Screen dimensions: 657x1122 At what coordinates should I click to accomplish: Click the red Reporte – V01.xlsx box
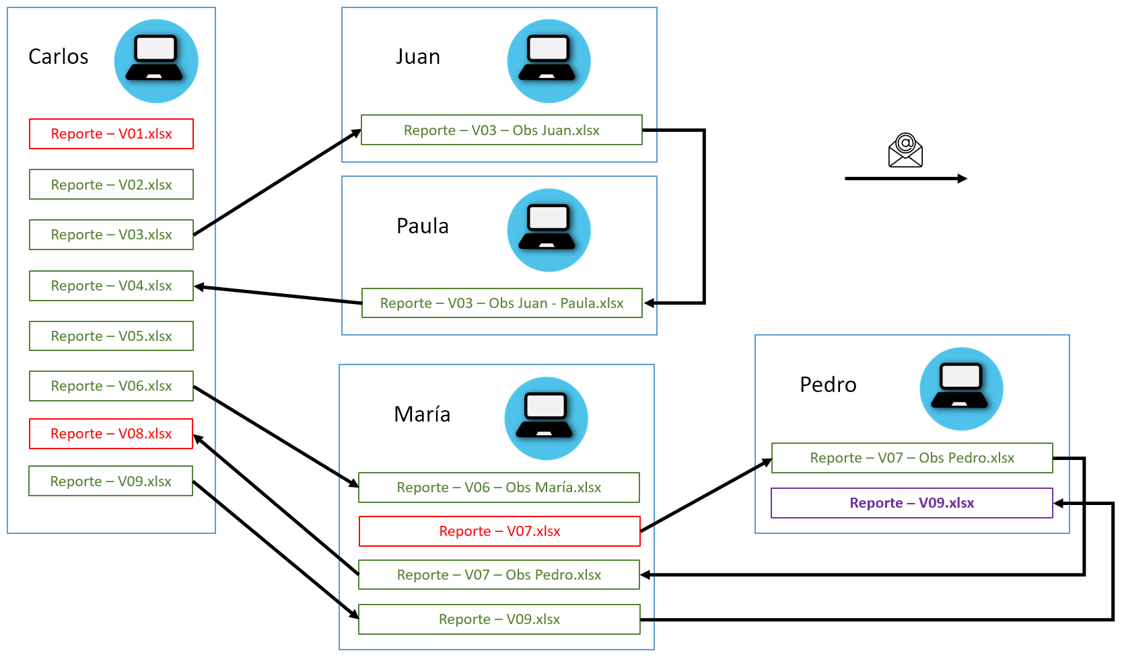point(111,134)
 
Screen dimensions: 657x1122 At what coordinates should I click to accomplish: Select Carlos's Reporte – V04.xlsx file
point(111,286)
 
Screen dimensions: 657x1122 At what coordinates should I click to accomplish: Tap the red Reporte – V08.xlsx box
point(111,434)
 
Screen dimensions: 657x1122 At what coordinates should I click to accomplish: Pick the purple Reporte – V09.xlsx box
point(911,503)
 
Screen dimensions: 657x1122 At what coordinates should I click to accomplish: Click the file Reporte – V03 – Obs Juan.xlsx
point(501,130)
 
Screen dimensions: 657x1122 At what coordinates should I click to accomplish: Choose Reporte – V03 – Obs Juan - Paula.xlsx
point(501,303)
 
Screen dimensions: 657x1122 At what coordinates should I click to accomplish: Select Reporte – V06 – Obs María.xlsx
point(499,488)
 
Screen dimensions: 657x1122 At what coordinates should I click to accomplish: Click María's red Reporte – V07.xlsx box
point(499,531)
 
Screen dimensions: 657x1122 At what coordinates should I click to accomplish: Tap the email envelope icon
point(905,150)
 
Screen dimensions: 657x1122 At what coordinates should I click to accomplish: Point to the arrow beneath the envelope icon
point(905,179)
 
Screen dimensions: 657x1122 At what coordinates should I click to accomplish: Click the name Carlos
point(59,56)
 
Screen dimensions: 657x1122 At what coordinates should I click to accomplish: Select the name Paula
point(422,226)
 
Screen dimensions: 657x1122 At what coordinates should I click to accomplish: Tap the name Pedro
point(828,385)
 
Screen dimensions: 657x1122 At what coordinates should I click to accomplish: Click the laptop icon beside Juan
point(549,61)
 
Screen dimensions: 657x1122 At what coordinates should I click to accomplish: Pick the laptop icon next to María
point(546,418)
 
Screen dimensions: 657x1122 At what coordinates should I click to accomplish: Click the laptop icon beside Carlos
point(156,61)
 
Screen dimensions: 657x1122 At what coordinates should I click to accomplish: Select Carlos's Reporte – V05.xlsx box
point(111,336)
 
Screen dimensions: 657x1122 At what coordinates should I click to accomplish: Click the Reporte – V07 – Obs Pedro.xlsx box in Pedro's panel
point(911,458)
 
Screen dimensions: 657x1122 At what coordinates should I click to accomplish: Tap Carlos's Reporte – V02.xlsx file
point(111,185)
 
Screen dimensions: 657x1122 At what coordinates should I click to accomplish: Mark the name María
point(422,414)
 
